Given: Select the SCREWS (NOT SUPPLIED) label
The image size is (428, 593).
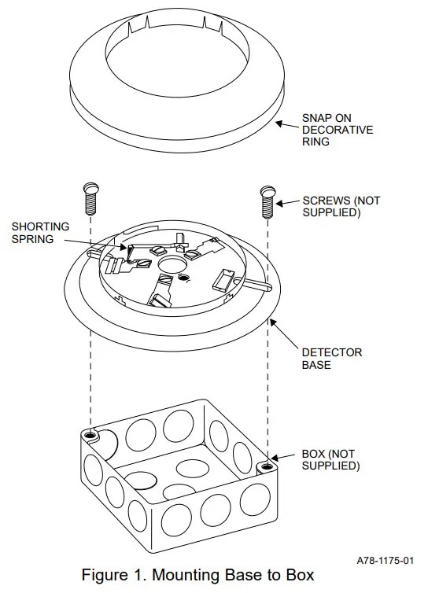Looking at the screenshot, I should [x=341, y=206].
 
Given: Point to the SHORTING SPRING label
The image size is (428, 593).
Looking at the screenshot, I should [x=40, y=232].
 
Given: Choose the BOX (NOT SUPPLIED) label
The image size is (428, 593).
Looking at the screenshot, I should [x=330, y=460].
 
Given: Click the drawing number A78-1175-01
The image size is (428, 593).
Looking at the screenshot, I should [x=385, y=560].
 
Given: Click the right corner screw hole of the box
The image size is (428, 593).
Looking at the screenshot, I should [x=267, y=467].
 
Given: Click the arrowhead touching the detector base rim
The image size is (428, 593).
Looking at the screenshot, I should [x=270, y=319].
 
